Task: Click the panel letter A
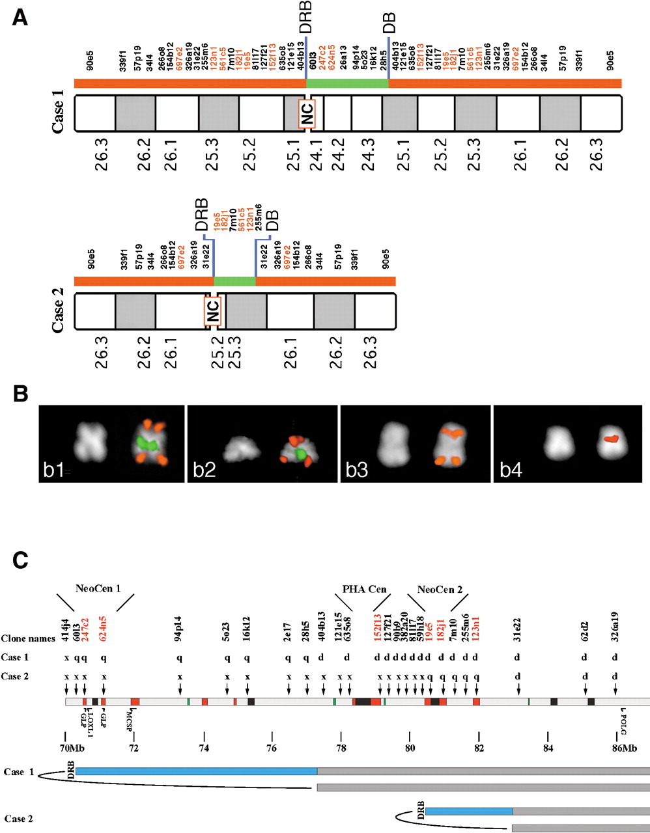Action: point(20,17)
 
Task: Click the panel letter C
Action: point(20,559)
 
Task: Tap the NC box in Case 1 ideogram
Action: point(307,114)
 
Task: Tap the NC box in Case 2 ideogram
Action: point(213,312)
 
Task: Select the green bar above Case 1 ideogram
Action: point(347,83)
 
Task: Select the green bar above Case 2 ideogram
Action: point(234,281)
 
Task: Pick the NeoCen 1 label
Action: point(98,589)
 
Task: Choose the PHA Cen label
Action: point(364,589)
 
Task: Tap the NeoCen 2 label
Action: point(440,589)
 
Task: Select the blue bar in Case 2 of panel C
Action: point(469,812)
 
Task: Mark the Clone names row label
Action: point(28,638)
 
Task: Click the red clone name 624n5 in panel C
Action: point(104,630)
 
